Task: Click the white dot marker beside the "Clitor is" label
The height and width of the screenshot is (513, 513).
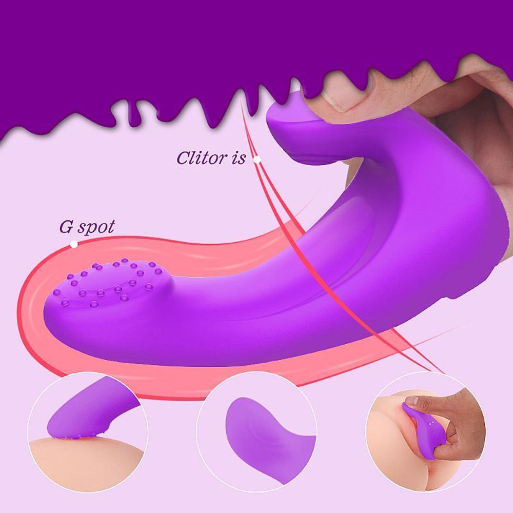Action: point(257,160)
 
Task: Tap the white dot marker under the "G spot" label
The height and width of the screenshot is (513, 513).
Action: point(74,244)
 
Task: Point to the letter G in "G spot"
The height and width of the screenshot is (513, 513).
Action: point(66,227)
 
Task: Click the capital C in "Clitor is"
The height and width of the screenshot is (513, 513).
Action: point(184,157)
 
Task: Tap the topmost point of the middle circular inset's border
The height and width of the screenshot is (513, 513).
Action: point(256,372)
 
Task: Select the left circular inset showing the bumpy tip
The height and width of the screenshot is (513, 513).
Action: point(88,432)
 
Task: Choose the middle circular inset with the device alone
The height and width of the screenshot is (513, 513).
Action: point(256,432)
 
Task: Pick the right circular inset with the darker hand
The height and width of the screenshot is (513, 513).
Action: point(426,431)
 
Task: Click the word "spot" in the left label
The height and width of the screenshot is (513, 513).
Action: point(96,228)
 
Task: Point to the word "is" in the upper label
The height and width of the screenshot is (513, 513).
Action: point(239,158)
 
